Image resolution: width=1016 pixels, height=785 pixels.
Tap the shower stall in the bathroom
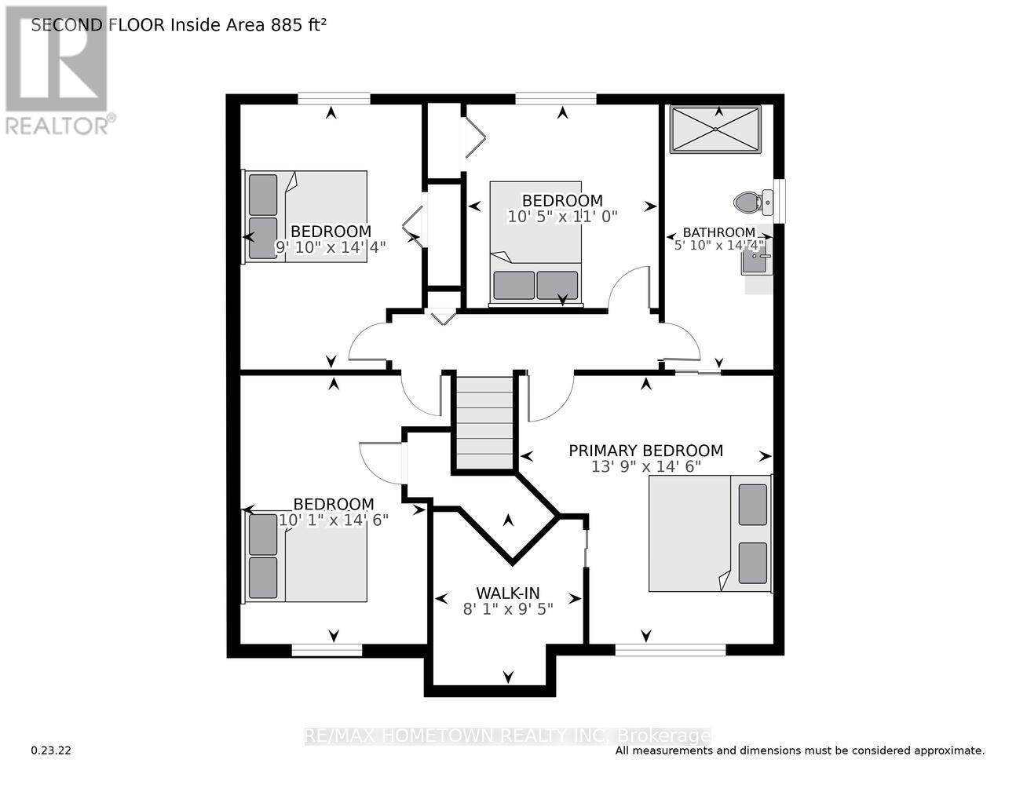click(x=715, y=130)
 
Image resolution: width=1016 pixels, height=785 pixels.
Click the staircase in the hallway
click(x=484, y=424)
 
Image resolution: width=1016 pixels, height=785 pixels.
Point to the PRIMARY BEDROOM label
click(x=645, y=451)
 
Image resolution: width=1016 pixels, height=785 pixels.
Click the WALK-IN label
click(x=508, y=593)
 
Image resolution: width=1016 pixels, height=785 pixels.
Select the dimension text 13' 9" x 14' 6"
click(x=645, y=466)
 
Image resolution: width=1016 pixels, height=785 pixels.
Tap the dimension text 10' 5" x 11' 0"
click(x=562, y=216)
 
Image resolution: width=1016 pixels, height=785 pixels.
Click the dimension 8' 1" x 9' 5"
click(x=508, y=608)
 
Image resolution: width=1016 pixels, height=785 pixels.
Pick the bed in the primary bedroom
click(x=710, y=534)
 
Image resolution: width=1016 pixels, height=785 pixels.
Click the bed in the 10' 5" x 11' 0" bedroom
click(x=536, y=242)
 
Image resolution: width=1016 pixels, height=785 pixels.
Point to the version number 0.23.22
click(x=51, y=750)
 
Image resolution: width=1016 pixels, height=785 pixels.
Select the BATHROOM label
click(x=718, y=232)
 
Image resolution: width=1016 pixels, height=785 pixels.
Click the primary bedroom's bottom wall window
click(x=670, y=649)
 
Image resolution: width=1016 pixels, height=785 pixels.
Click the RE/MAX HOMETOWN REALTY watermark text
click(x=507, y=736)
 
